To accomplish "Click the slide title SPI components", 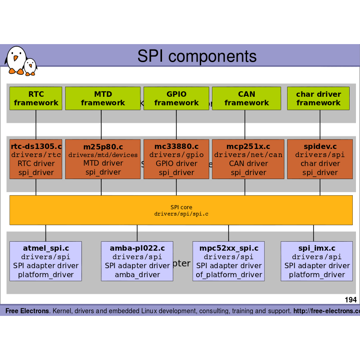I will tap(197, 56).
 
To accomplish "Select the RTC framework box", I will tap(36, 99).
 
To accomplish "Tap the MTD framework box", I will tap(103, 99).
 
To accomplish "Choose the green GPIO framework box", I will tap(176, 99).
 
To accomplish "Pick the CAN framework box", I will tap(246, 99).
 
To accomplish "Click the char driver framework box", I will tap(318, 99).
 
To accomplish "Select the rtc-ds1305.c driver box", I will tap(36, 159).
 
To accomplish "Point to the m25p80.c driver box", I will tap(103, 159).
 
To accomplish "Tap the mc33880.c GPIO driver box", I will tap(176, 159).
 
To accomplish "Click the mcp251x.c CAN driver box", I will tap(248, 159).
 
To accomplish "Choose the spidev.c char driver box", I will tap(320, 159).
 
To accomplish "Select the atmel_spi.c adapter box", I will tap(45, 261).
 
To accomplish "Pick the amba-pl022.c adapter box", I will tap(137, 261).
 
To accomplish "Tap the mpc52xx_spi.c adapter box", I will tap(229, 261).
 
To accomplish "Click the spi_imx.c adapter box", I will tap(316, 261).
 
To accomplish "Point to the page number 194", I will tap(351, 300).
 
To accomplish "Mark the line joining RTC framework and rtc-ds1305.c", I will tap(36, 125).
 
